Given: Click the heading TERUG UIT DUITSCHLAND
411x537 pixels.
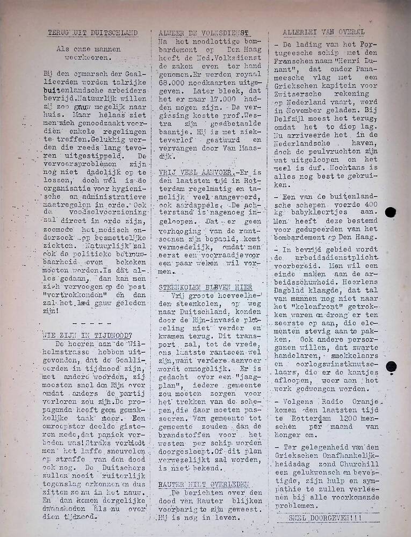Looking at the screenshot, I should pos(92,33).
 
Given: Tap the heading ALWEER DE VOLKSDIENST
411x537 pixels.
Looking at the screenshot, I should pos(205,33).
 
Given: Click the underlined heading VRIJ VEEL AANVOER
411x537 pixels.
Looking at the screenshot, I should pos(196,172).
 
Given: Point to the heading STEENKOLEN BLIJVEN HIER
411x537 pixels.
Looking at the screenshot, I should pos(205,287).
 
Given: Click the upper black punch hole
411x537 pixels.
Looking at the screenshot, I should pos(391,212).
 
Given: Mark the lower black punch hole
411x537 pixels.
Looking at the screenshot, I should pos(391,367).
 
